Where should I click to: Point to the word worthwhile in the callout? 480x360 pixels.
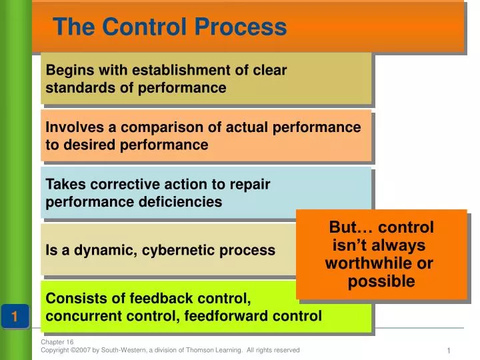(379, 263)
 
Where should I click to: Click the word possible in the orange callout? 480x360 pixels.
(381, 281)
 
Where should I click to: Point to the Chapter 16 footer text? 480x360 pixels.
(57, 342)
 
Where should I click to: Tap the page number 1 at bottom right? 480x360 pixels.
(449, 351)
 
